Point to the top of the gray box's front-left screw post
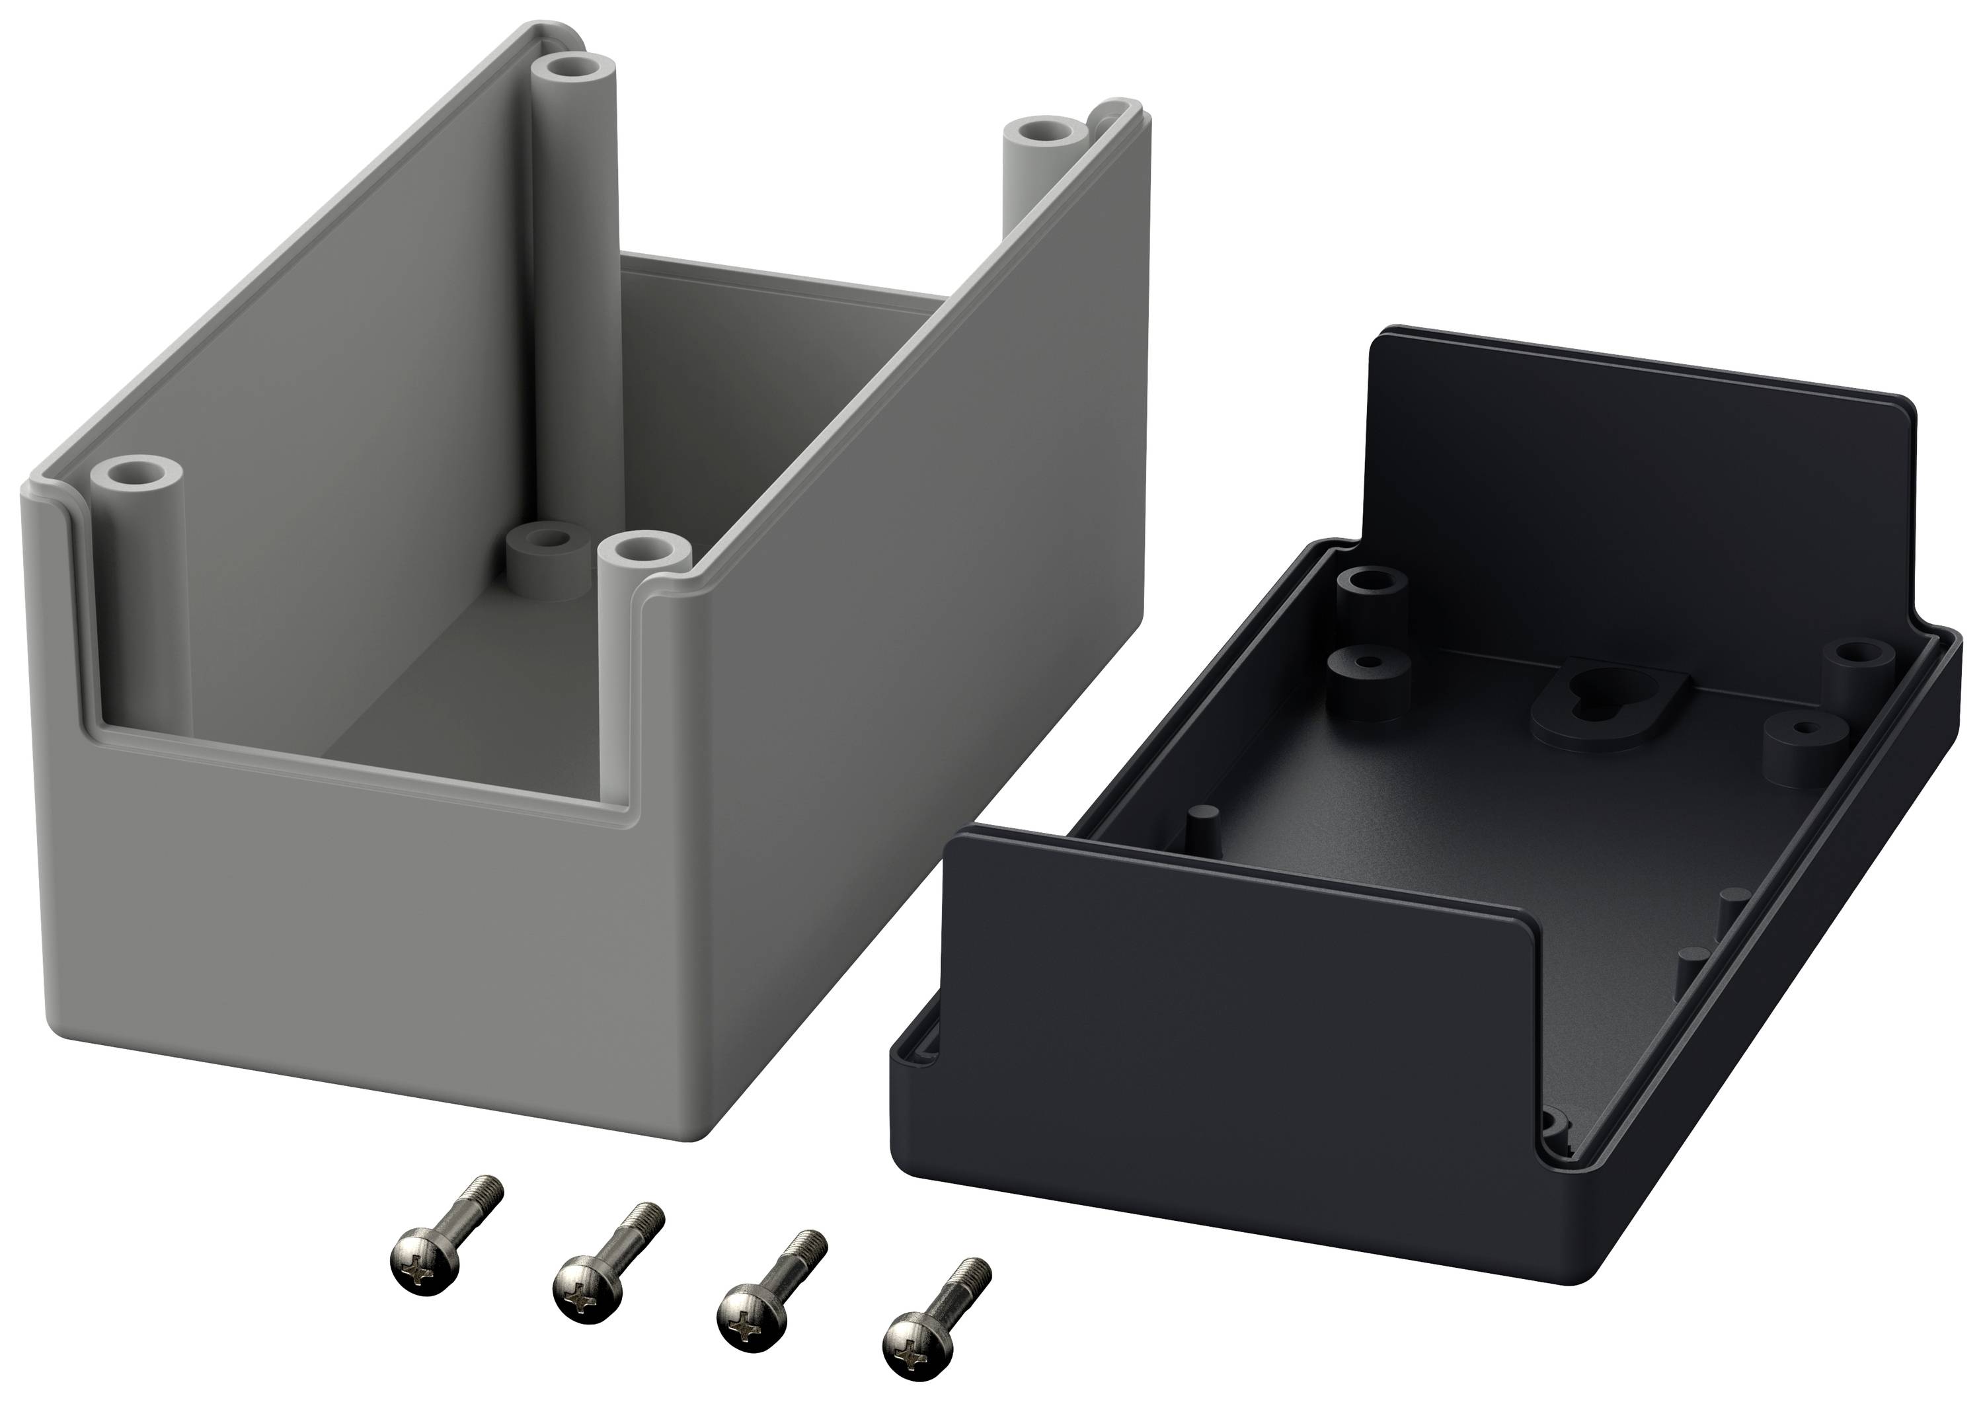pyautogui.click(x=138, y=475)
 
